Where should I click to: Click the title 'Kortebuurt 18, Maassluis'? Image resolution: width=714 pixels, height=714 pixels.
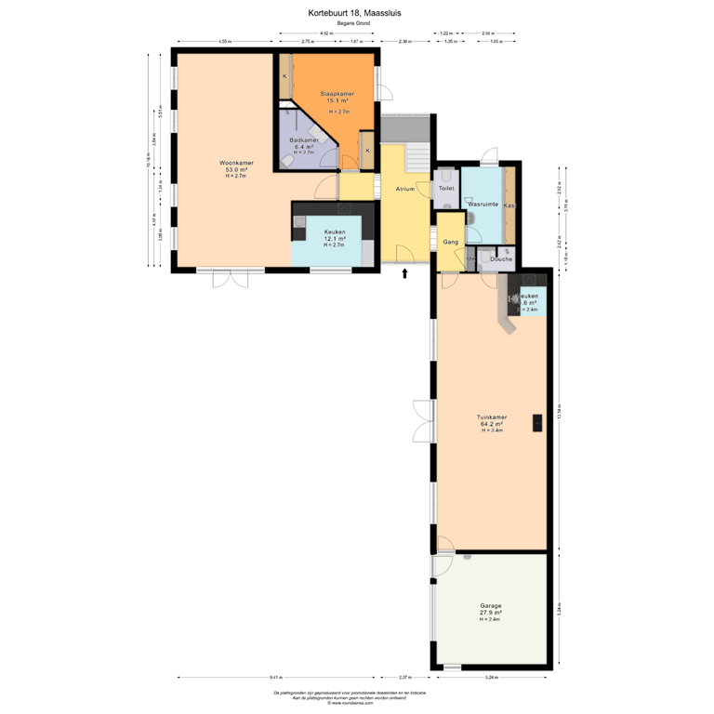click(x=356, y=13)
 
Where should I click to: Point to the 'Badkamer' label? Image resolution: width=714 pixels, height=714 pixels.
click(x=304, y=140)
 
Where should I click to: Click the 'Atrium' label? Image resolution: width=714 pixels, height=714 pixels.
click(x=404, y=189)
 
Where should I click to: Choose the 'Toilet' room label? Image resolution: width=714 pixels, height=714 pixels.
click(x=446, y=189)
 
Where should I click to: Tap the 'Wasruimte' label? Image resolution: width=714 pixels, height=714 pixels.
click(x=483, y=203)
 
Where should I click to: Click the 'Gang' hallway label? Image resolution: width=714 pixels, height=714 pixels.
click(x=451, y=242)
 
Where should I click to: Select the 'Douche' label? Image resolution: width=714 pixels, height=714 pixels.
click(x=502, y=259)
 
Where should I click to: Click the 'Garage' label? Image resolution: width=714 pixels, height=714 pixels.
click(x=490, y=605)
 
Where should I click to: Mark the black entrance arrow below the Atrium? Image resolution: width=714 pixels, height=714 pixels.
click(x=404, y=272)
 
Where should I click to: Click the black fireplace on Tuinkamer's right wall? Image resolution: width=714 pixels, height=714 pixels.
click(x=537, y=423)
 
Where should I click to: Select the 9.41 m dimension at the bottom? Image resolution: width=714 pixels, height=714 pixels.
click(x=277, y=678)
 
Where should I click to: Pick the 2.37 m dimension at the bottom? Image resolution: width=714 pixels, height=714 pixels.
click(x=404, y=678)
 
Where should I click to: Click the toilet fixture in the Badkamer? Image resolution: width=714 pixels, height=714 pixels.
click(x=287, y=162)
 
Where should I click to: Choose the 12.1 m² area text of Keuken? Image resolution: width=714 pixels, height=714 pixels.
click(x=335, y=239)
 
